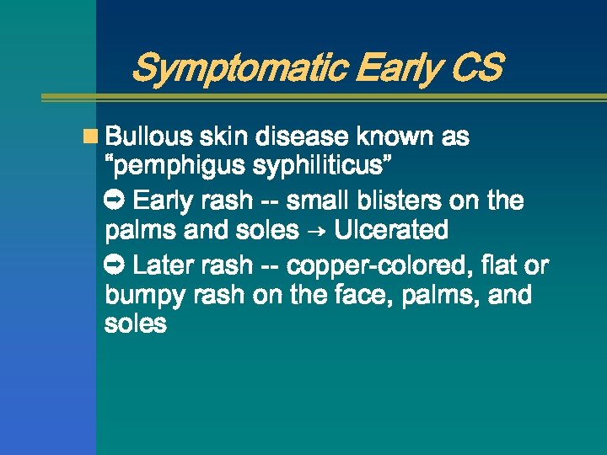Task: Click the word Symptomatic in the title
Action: click(239, 68)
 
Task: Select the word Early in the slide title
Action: click(395, 68)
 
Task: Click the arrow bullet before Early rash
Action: click(115, 201)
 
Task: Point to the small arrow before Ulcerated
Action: click(317, 231)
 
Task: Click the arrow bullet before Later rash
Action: click(115, 265)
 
